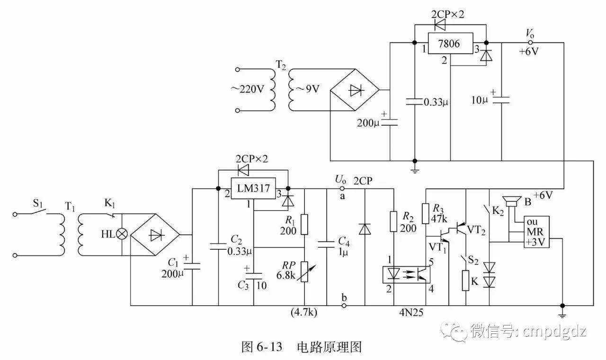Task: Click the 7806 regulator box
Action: (450, 43)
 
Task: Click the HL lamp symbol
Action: (123, 234)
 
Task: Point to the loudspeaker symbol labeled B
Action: (511, 202)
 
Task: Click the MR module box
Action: (536, 231)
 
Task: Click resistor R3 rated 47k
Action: (425, 213)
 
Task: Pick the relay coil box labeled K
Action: (466, 281)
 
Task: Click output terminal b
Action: (344, 305)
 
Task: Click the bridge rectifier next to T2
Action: (354, 90)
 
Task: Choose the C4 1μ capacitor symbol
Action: (327, 244)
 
